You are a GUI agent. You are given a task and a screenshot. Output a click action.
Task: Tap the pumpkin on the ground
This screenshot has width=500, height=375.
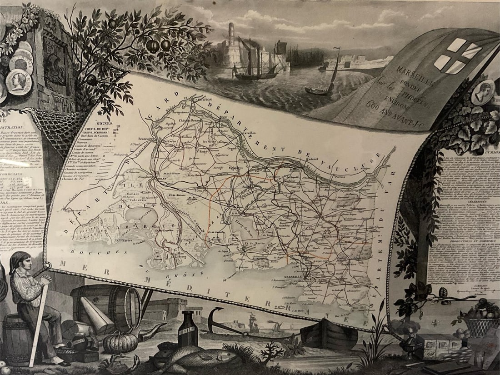pyautogui.click(x=120, y=342)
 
